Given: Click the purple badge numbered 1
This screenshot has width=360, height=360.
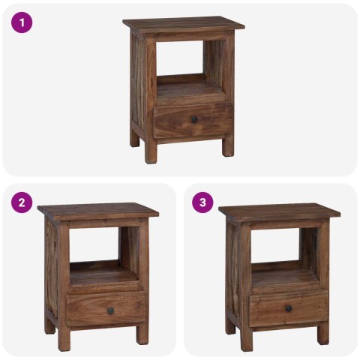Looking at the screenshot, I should [x=22, y=22].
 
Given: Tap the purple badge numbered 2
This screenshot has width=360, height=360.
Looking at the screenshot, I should [x=22, y=202].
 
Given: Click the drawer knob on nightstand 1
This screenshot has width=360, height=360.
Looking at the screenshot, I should [x=193, y=119].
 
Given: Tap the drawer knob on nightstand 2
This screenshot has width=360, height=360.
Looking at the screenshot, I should [x=109, y=310].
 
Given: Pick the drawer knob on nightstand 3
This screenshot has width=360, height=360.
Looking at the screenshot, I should [x=288, y=308].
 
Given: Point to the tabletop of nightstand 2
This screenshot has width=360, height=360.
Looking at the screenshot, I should [x=98, y=210].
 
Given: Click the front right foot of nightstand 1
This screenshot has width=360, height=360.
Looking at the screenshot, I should [x=228, y=147].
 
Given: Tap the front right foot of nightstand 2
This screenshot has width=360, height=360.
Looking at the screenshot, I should [x=142, y=337].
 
